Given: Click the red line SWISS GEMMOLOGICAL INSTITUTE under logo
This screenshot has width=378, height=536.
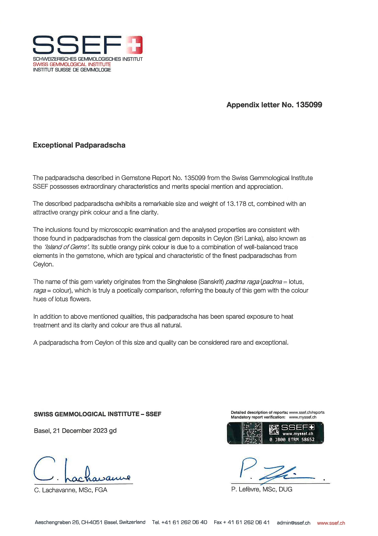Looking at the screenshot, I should (x=72, y=65).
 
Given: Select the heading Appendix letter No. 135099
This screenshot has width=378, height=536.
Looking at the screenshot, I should (x=274, y=105).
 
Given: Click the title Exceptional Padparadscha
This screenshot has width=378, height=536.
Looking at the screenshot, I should (x=79, y=145).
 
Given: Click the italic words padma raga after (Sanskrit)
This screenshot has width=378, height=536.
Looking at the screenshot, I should (x=242, y=282).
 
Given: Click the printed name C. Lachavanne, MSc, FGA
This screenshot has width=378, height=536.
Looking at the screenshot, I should (x=71, y=490).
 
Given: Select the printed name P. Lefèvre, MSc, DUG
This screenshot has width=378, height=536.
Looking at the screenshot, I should (x=262, y=489).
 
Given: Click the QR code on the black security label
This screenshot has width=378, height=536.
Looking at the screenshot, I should (x=274, y=430).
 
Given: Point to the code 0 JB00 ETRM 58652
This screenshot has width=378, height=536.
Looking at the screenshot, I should (x=292, y=439).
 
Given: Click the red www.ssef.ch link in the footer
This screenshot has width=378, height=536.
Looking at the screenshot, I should (x=331, y=523).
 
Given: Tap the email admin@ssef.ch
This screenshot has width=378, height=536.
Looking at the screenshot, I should (x=294, y=523).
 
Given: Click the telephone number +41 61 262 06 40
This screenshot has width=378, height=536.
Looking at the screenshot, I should (x=184, y=522).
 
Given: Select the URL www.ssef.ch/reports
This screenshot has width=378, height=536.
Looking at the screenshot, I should (x=307, y=412).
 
